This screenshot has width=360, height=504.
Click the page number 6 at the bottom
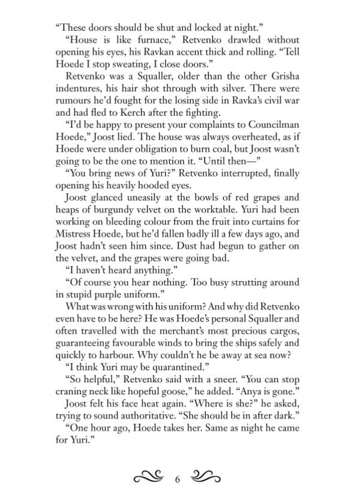[x=178, y=479]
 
